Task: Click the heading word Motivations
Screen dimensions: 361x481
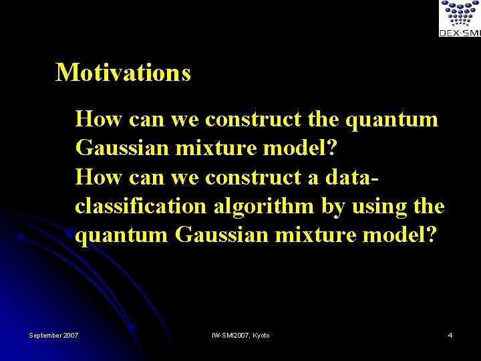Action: click(123, 72)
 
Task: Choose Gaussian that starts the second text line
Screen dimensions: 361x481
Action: click(122, 148)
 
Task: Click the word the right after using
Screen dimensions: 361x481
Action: click(429, 207)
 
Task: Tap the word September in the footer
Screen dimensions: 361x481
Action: click(46, 335)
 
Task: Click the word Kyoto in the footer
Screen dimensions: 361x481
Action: click(261, 335)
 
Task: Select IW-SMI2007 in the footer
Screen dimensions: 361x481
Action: click(230, 335)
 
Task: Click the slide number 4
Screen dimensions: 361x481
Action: click(450, 335)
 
